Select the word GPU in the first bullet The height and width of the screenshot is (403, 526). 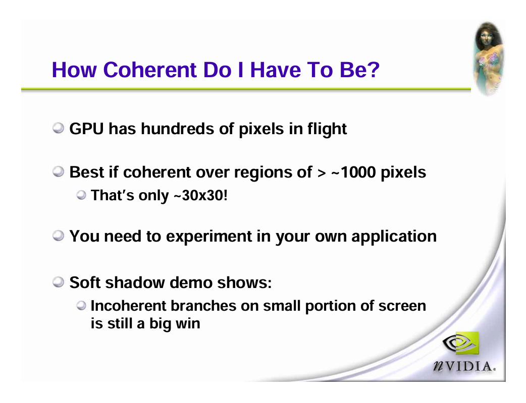(86, 129)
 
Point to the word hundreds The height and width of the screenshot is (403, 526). (177, 129)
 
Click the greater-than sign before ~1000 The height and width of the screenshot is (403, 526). (322, 173)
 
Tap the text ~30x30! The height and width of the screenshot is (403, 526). (201, 196)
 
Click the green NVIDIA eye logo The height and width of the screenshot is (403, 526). (461, 342)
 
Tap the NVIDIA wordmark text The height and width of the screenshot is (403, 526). (464, 367)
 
